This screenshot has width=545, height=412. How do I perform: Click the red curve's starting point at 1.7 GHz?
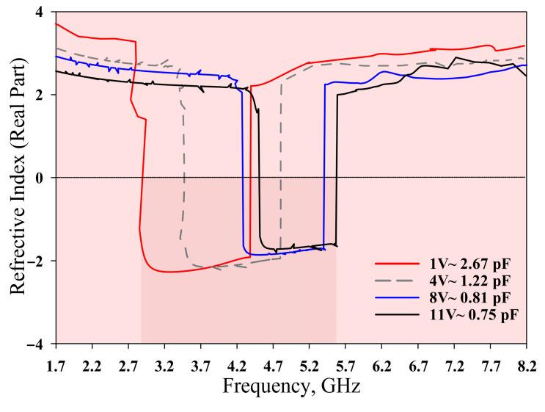(56, 24)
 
